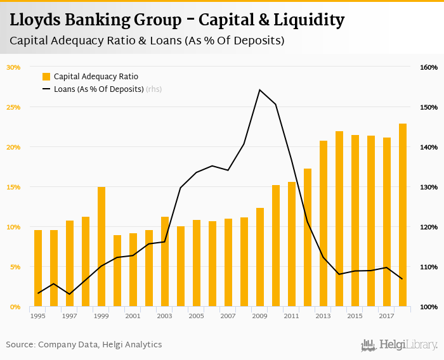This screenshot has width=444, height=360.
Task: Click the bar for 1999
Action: tap(101, 247)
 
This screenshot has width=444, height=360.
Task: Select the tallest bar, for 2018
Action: tap(403, 215)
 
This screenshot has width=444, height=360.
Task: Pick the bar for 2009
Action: tap(260, 257)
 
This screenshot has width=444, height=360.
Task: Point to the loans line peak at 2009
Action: tap(259, 90)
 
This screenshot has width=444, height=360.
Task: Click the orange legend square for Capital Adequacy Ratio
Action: tap(46, 77)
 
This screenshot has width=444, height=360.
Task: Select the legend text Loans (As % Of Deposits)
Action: tap(98, 89)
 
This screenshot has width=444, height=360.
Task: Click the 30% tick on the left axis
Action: tap(13, 67)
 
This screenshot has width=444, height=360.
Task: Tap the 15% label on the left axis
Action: tap(13, 187)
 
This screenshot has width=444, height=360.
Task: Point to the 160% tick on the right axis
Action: tap(429, 67)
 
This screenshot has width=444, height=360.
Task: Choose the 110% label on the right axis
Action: tap(429, 267)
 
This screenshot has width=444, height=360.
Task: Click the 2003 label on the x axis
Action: tap(164, 316)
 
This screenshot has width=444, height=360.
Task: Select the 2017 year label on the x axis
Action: tap(387, 316)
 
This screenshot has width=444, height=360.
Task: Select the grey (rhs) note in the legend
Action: tap(154, 89)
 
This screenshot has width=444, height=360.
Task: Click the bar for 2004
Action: tap(181, 266)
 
